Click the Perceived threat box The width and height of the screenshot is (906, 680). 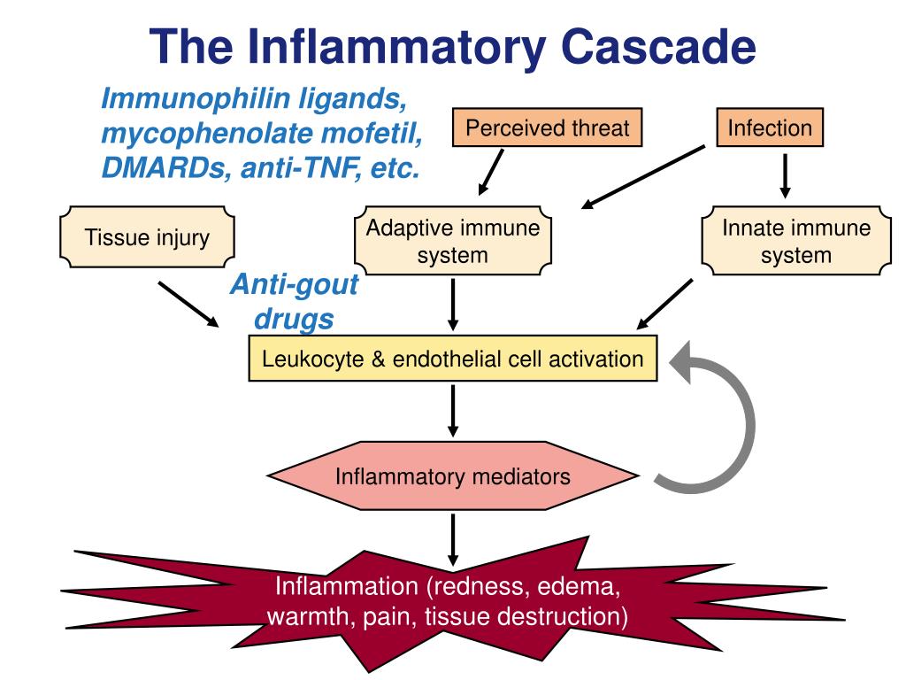[x=547, y=128]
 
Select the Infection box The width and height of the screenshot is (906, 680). [x=769, y=128]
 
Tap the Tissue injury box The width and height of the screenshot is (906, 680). [x=147, y=238]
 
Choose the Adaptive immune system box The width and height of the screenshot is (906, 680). [x=453, y=242]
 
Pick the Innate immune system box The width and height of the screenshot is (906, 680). [x=796, y=242]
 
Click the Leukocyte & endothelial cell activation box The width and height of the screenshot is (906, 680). [x=453, y=359]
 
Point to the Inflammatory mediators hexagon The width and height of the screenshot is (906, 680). [x=453, y=477]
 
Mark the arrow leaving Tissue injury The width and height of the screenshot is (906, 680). [x=188, y=304]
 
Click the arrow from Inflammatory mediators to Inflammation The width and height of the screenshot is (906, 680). [x=453, y=539]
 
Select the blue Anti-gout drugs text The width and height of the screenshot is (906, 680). [x=295, y=301]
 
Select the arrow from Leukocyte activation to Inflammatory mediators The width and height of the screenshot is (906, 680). [x=453, y=409]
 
